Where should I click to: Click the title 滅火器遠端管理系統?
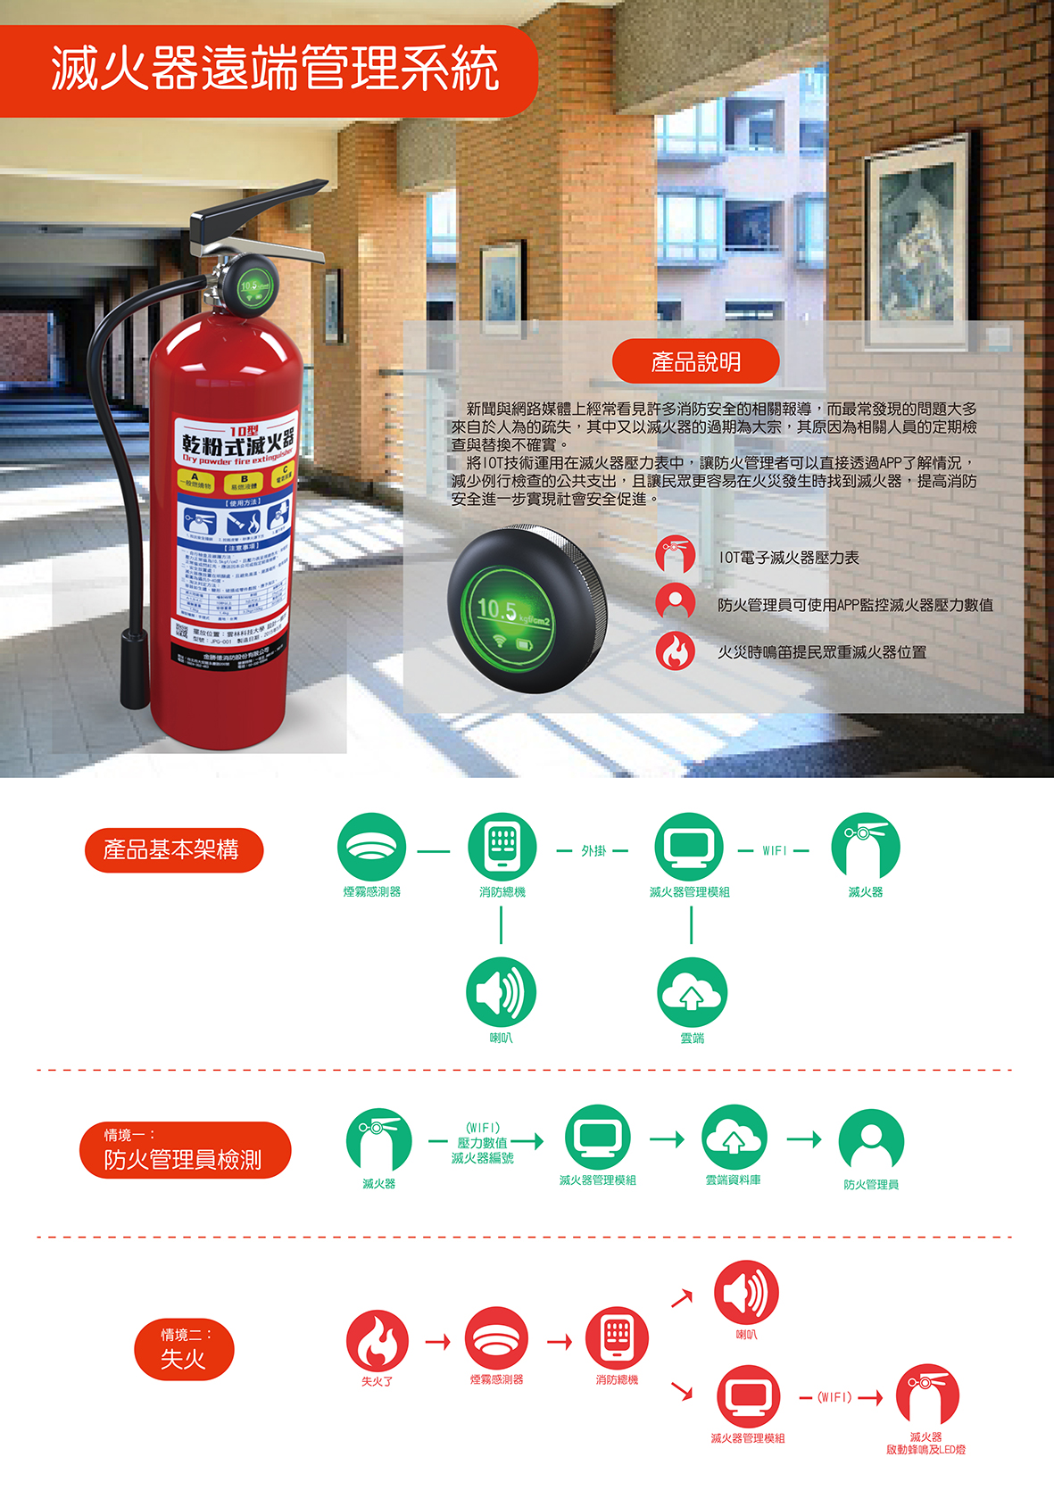coord(274,70)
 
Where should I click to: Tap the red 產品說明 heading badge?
coord(695,361)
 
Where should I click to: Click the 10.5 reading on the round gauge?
coord(497,609)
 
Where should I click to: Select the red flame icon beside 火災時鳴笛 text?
coord(676,651)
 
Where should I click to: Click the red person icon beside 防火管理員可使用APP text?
coord(676,603)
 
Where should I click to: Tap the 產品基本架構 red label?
coord(173,850)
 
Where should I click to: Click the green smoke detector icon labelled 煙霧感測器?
coord(371,847)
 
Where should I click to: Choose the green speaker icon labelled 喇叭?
coord(501,991)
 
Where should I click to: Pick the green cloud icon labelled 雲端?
coord(692,991)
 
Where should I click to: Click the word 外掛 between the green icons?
coord(593,851)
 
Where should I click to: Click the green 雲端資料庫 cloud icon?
coord(734,1138)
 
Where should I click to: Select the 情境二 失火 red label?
coord(184,1349)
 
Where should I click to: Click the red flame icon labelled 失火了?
coord(377,1340)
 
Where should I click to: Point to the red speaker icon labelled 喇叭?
coord(746,1292)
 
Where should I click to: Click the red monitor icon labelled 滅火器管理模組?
coord(748,1396)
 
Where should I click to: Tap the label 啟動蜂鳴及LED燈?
coord(925,1450)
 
